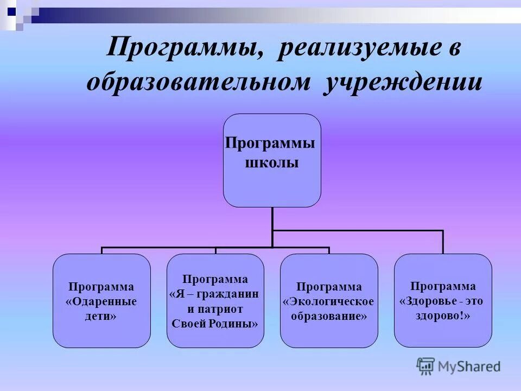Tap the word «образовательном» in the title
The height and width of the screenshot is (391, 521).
click(199, 83)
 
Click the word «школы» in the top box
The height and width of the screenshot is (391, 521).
click(272, 162)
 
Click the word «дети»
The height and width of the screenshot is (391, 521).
click(101, 316)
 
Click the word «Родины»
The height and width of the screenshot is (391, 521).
click(237, 323)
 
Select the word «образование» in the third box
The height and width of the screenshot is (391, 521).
click(329, 316)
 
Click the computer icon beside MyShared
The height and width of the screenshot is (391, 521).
click(426, 365)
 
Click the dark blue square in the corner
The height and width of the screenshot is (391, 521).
click(11, 9)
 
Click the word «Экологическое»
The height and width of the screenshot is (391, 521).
click(329, 301)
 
